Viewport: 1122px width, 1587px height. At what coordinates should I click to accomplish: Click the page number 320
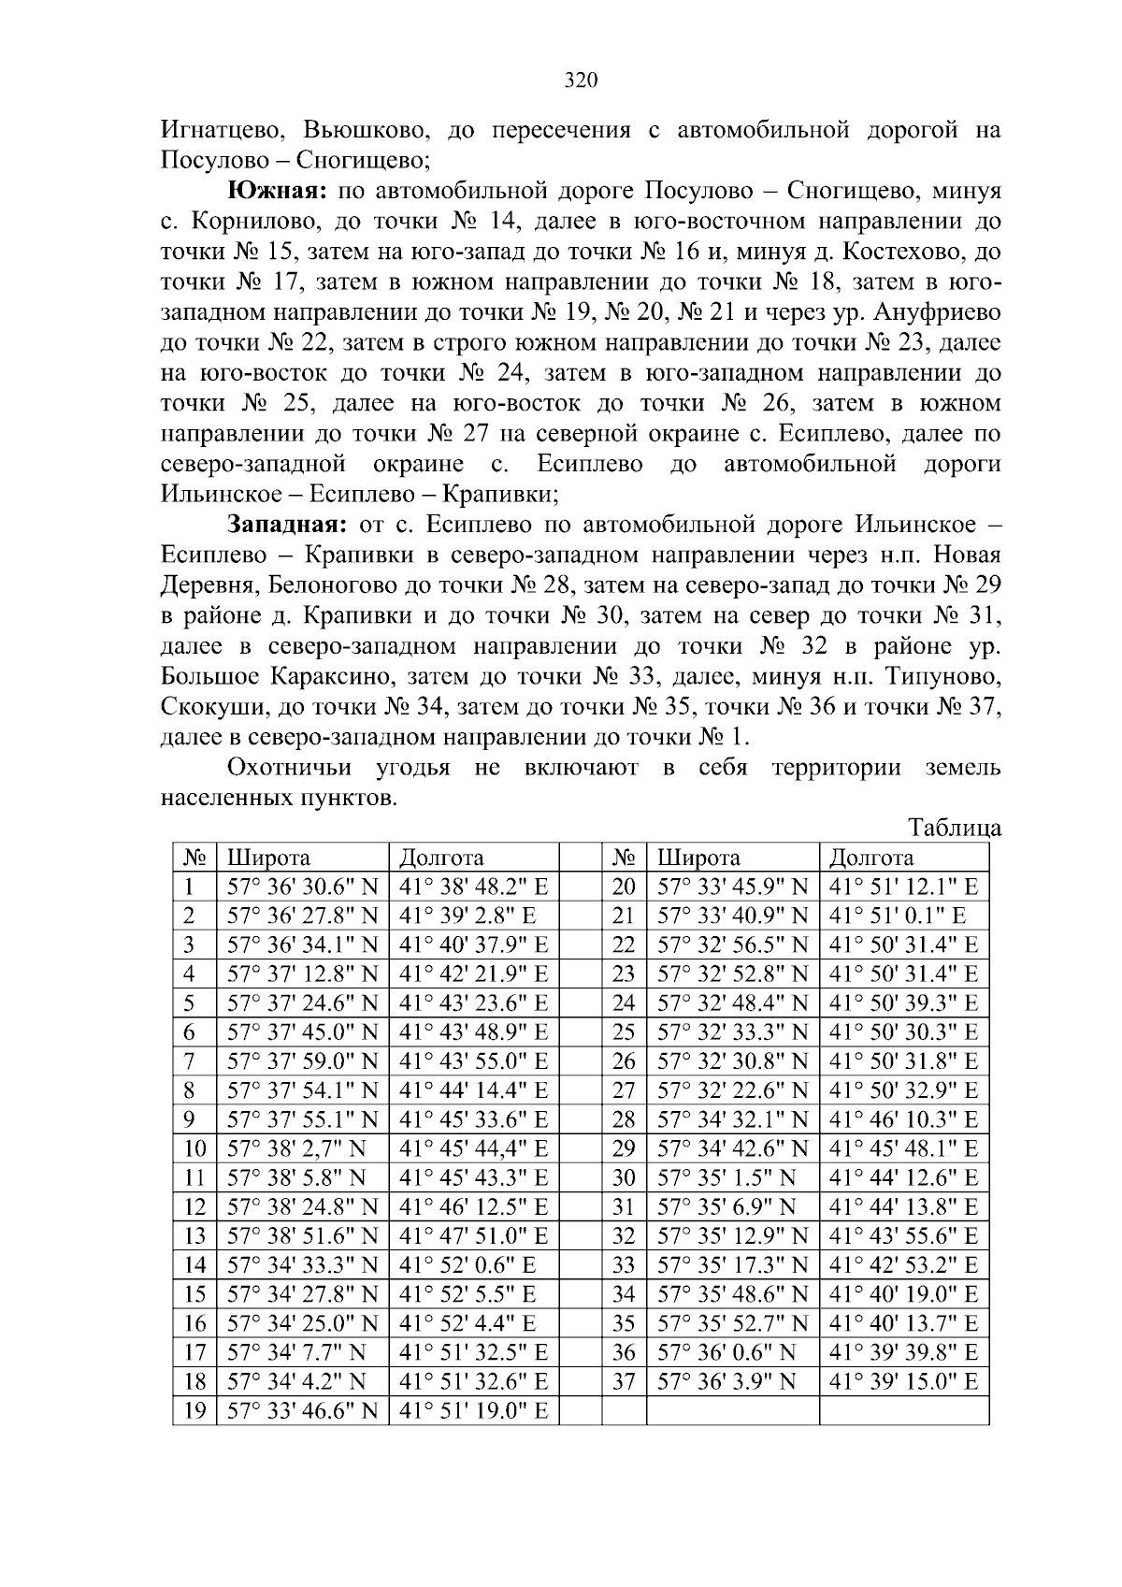click(581, 80)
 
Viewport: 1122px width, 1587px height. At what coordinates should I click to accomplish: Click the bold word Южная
click(276, 192)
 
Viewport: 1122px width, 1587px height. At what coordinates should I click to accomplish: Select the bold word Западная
click(289, 525)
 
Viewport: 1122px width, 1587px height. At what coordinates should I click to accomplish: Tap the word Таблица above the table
click(955, 828)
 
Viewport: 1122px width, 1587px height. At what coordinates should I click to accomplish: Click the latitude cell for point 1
click(302, 887)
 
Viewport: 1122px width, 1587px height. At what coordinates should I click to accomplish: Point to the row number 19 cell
click(194, 1410)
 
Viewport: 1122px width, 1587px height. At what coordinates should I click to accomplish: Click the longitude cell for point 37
click(903, 1381)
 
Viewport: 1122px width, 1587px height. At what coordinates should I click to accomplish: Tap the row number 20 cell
click(624, 887)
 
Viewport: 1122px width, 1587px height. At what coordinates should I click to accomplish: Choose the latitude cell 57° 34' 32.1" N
click(732, 1119)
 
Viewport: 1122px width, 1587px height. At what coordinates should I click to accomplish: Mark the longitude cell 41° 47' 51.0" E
click(473, 1235)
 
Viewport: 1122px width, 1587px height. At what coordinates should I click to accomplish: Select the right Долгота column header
click(871, 858)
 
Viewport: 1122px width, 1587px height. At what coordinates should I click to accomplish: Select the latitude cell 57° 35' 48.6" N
click(732, 1294)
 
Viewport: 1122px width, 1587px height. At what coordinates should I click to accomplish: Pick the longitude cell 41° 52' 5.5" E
click(467, 1294)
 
